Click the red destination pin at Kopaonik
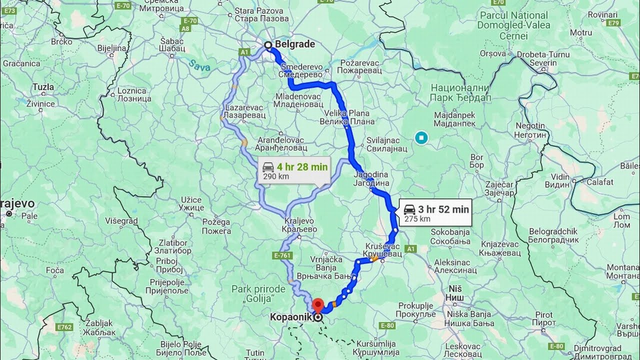(x=318, y=304)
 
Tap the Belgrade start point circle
(x=268, y=45)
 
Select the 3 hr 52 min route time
(x=443, y=209)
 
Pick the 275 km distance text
(x=417, y=218)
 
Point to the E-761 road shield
(x=282, y=255)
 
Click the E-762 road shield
(x=64, y=327)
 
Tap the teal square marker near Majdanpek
(x=422, y=137)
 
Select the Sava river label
(x=199, y=65)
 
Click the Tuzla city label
(x=43, y=87)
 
